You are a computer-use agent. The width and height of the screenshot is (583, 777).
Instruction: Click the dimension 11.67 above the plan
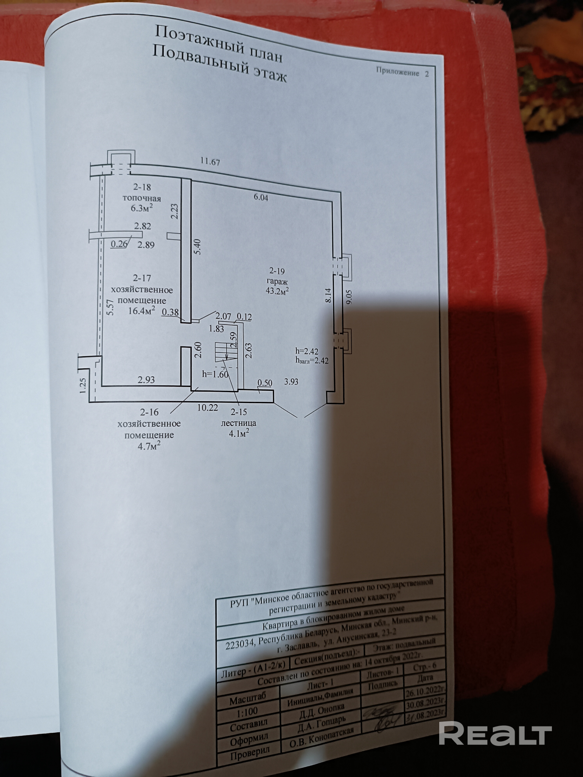[210, 162]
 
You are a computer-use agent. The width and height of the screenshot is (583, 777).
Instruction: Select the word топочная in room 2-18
[142, 199]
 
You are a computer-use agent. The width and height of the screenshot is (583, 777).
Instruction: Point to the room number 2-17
[142, 278]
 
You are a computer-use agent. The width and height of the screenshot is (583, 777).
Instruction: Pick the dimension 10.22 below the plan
[207, 408]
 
